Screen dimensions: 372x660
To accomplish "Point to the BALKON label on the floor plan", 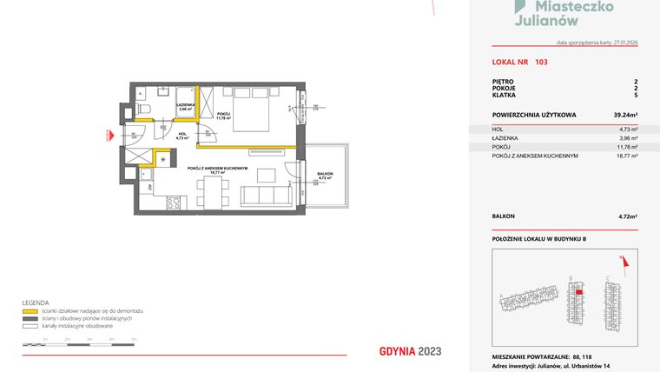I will click(x=324, y=174).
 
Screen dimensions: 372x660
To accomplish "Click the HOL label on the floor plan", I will click(x=181, y=134).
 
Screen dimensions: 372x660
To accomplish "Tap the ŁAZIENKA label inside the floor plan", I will click(x=184, y=104).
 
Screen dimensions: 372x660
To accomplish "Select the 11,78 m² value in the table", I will click(x=627, y=147).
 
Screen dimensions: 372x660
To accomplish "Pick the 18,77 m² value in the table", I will click(x=627, y=156).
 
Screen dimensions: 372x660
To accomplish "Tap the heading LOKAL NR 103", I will click(x=519, y=62).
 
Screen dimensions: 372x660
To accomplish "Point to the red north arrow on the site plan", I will click(x=623, y=259).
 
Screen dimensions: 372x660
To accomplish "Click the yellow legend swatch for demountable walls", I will click(x=30, y=310).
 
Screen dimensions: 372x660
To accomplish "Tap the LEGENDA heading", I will click(x=35, y=302).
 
